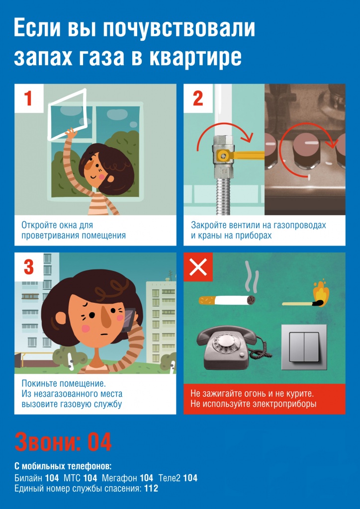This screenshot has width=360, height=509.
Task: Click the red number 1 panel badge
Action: point(29,98)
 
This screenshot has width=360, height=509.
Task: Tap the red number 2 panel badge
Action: point(198,98)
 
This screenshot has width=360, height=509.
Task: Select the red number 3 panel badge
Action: point(29,267)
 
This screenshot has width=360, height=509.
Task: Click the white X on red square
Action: point(198,267)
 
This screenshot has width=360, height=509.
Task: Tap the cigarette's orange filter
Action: point(206,300)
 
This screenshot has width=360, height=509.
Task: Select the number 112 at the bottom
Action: point(151,488)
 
